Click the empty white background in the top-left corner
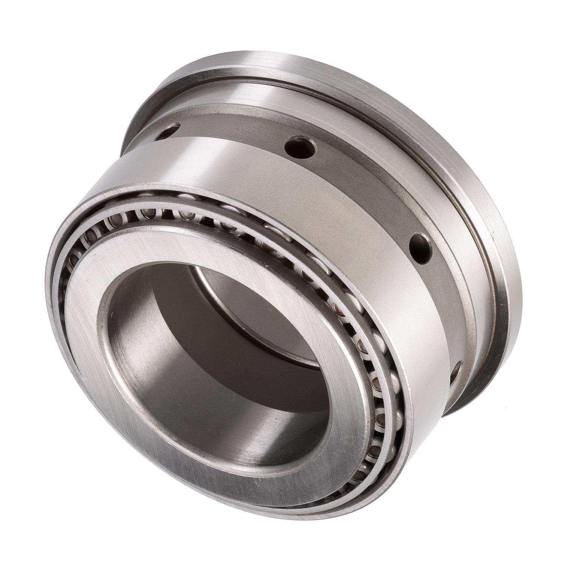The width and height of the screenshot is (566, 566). (30, 30)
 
